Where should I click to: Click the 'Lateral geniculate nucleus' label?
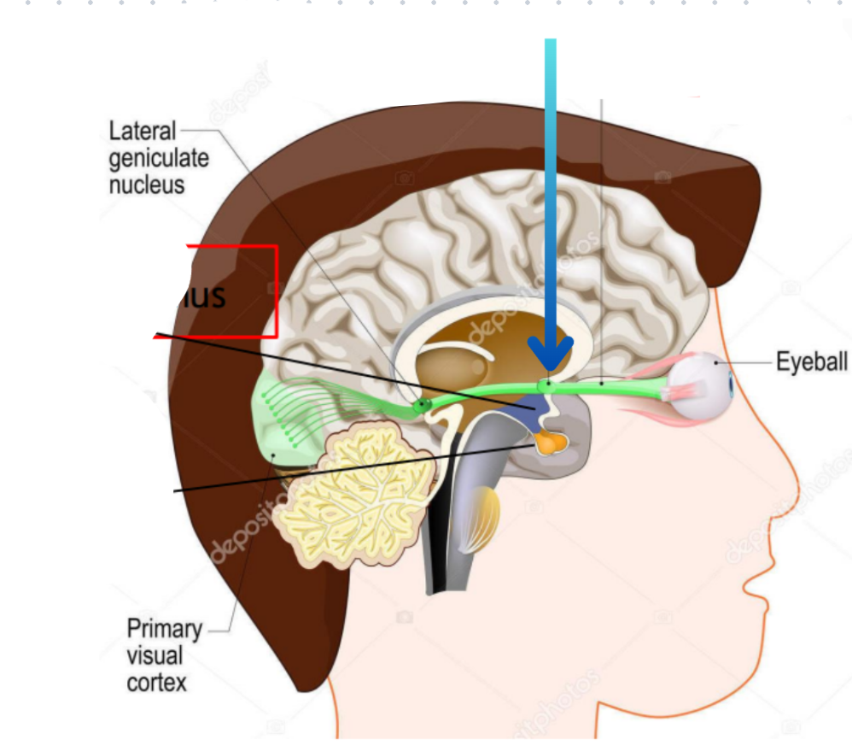point(159,157)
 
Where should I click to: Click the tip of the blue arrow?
point(550,369)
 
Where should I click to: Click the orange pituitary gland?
point(550,443)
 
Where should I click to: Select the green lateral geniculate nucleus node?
point(420,406)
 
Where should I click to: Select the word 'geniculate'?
point(159,158)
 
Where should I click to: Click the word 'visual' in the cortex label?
point(153,656)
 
